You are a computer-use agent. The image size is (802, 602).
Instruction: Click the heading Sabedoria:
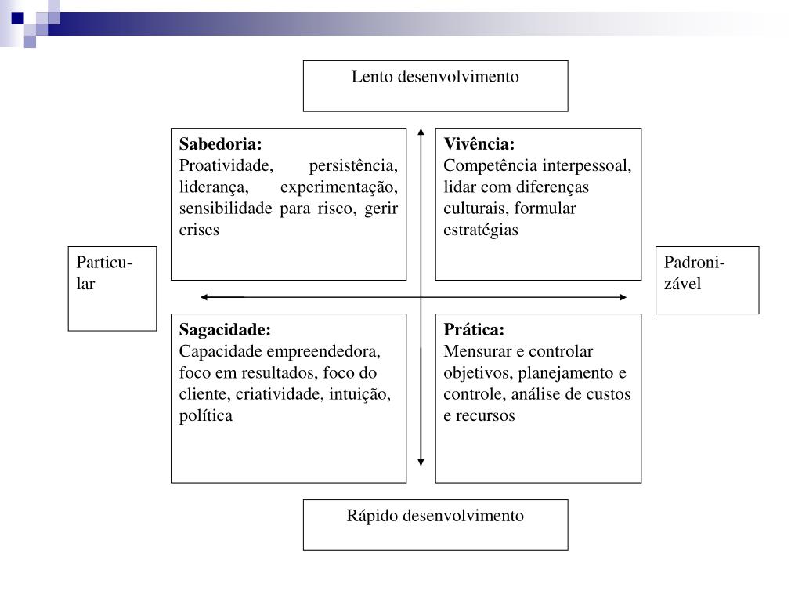coord(221,144)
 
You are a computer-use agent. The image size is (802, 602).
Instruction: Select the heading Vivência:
coord(479,144)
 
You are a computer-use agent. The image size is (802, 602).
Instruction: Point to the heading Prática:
coord(474,329)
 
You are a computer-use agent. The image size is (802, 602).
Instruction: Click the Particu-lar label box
coord(112,288)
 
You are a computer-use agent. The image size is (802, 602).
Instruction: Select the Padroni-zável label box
coord(706,280)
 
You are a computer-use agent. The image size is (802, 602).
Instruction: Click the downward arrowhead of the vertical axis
coord(421,462)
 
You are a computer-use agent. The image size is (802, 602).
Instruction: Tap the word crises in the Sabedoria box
coord(200,230)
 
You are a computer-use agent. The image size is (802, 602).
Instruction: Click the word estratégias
coord(481,230)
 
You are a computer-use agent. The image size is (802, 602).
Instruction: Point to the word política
coord(206,415)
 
